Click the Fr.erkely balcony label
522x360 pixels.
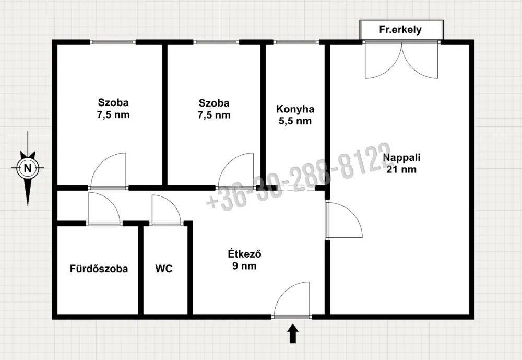(x=400, y=30)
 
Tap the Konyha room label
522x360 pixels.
(x=295, y=109)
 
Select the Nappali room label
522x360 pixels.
(x=401, y=157)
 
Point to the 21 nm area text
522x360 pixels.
(x=401, y=169)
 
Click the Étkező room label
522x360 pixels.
(x=244, y=253)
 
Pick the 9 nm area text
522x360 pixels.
(x=244, y=266)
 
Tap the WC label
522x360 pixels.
(x=164, y=269)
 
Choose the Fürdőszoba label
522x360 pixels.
(x=99, y=269)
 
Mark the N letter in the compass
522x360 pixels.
(x=28, y=168)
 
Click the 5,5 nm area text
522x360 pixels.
(x=295, y=121)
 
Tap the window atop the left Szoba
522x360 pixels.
(x=113, y=42)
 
